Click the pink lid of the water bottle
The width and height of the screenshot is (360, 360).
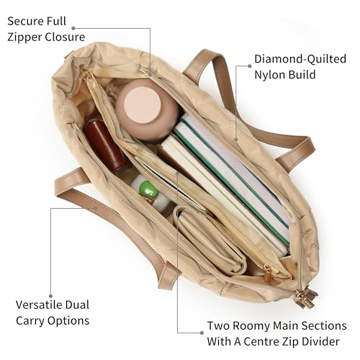click(143, 104)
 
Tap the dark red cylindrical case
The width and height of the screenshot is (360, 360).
click(104, 145)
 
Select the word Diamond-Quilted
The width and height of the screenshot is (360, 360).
click(300, 59)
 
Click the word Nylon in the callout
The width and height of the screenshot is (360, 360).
click(269, 75)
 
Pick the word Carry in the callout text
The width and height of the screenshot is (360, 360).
click(30, 321)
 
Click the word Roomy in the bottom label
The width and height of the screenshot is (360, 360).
click(251, 326)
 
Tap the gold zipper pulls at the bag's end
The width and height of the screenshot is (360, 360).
click(304, 298)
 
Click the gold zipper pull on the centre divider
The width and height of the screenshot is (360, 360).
click(268, 273)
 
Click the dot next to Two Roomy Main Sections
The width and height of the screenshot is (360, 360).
click(202, 333)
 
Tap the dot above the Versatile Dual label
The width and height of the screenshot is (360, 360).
click(50, 296)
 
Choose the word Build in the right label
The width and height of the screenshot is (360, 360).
click(302, 75)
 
